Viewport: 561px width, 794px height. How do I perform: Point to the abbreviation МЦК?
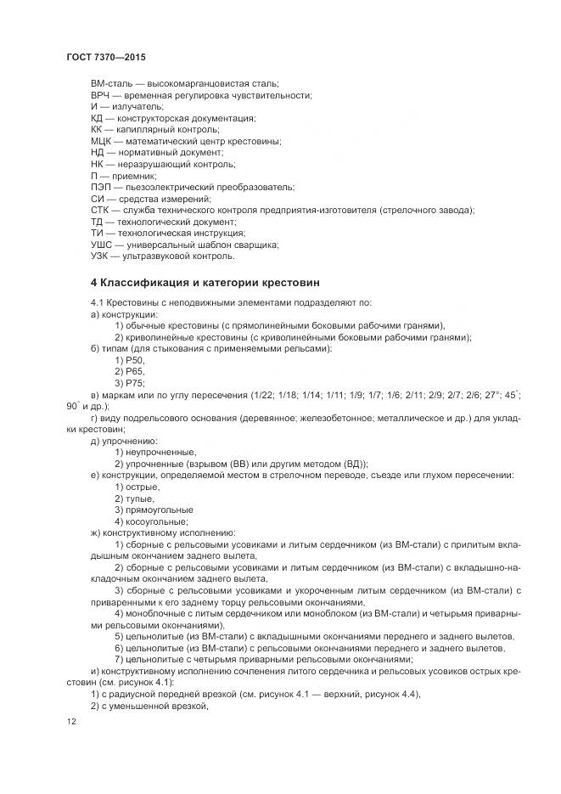point(102,140)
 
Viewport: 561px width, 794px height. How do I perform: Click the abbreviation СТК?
point(101,210)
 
